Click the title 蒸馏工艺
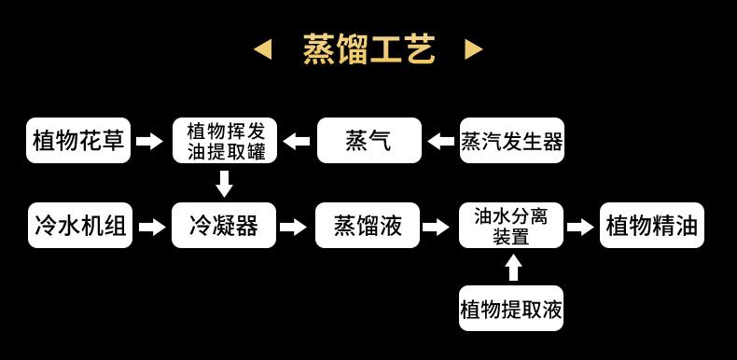pyautogui.click(x=368, y=49)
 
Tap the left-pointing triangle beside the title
pyautogui.click(x=264, y=49)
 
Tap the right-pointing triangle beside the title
pyautogui.click(x=473, y=49)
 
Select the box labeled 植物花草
pyautogui.click(x=78, y=141)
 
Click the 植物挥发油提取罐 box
pyautogui.click(x=225, y=141)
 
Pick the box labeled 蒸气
pyautogui.click(x=368, y=141)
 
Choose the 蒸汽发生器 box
pyautogui.click(x=511, y=141)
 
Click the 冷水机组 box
pyautogui.click(x=78, y=225)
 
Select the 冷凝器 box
pyautogui.click(x=224, y=225)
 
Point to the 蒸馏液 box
pyautogui.click(x=368, y=225)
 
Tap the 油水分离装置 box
pyautogui.click(x=511, y=225)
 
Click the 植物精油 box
pyautogui.click(x=651, y=225)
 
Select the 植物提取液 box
pyautogui.click(x=511, y=308)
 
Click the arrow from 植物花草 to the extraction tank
pyautogui.click(x=149, y=141)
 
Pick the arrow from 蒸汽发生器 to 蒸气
pyautogui.click(x=441, y=141)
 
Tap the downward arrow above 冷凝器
pyautogui.click(x=224, y=184)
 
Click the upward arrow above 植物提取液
pyautogui.click(x=512, y=267)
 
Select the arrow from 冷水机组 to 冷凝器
pyautogui.click(x=151, y=227)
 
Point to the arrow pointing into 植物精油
pyautogui.click(x=580, y=227)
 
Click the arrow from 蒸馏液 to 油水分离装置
pyautogui.click(x=436, y=227)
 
